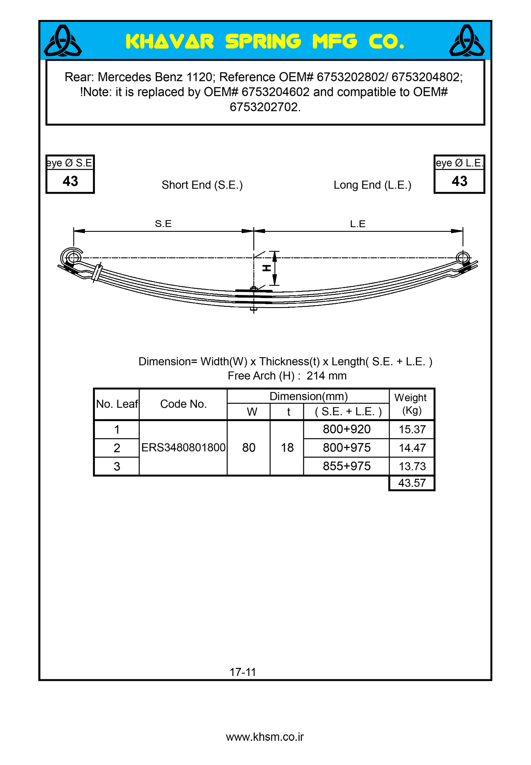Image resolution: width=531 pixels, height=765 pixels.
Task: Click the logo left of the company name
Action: point(63,41)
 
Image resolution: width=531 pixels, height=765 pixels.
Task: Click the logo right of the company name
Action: point(467,41)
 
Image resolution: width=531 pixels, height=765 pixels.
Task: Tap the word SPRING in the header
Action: point(263,42)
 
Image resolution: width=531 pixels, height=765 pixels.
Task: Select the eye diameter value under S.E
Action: point(70,181)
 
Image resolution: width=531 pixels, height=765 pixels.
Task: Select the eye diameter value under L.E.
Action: point(459,181)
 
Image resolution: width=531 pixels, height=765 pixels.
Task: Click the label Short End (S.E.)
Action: point(202,185)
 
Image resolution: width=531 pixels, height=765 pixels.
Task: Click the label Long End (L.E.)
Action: point(372,185)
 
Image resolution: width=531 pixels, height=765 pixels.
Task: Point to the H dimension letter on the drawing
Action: point(266,268)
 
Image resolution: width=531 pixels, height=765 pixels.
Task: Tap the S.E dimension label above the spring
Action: point(163,224)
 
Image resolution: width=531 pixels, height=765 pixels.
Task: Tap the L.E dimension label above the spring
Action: point(358,224)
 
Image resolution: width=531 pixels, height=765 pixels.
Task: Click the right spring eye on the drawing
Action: point(463,258)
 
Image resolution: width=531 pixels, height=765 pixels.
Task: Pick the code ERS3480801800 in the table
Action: point(183,448)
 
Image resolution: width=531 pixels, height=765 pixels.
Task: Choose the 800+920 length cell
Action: point(346,429)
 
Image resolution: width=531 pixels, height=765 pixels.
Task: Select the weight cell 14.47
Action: point(412,448)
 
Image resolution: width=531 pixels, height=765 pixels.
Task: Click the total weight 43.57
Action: point(412,483)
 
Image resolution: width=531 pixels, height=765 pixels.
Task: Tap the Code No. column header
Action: point(183,404)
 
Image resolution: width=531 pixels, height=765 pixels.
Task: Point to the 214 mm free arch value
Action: point(326,376)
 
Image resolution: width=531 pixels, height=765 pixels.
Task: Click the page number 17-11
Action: point(243,672)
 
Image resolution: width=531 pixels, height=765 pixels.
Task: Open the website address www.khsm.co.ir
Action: point(265,737)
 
